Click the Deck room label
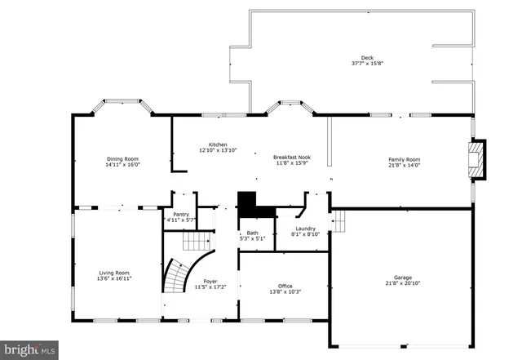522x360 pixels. pos(367,57)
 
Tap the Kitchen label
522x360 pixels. pos(218,144)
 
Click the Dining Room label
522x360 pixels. pos(122,158)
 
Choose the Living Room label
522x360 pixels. pos(115,273)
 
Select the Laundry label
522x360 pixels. pos(306,229)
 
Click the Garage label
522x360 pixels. pos(401,278)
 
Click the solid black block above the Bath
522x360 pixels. pos(246,202)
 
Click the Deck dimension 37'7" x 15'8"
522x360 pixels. pos(367,63)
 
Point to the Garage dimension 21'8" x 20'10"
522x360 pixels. pos(401,284)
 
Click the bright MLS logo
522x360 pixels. pos(29,349)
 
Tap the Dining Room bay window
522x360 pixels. pos(122,104)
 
